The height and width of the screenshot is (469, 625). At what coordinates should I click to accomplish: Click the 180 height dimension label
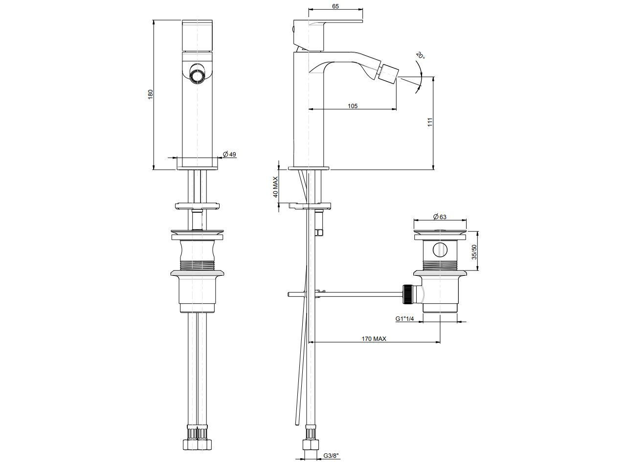point(151,94)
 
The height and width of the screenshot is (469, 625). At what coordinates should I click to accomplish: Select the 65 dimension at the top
point(335,6)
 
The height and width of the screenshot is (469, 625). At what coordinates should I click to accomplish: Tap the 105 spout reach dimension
point(353,106)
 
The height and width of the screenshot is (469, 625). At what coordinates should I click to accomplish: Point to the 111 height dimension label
point(430,122)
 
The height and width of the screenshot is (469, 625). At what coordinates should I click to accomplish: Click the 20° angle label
point(421,55)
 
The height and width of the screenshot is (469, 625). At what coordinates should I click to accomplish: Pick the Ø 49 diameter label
point(229,155)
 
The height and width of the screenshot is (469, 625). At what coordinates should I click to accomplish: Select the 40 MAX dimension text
point(275,187)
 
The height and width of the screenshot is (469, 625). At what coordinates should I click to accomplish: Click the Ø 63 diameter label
point(440,217)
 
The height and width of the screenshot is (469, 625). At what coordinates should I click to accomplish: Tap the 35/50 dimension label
point(474,251)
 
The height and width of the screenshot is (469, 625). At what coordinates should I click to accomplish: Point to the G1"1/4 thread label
point(404,319)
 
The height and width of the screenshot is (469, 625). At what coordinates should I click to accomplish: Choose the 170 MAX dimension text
point(374,339)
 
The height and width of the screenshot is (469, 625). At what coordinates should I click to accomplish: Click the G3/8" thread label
point(332,456)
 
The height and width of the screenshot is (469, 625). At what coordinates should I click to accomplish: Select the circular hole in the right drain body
point(440,250)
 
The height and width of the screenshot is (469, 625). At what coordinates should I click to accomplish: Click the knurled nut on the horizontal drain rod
point(407,294)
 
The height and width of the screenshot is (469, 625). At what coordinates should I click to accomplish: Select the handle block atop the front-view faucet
point(197,35)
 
